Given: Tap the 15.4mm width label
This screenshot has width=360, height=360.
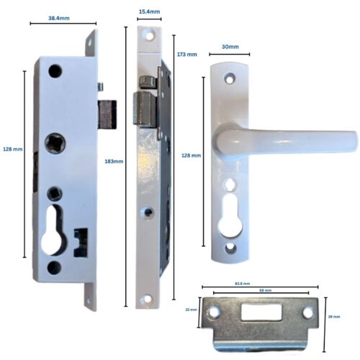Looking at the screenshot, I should [x=148, y=12].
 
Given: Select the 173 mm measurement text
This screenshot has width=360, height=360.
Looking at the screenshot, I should [x=186, y=55].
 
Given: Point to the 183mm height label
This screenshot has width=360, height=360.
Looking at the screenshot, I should [x=114, y=161].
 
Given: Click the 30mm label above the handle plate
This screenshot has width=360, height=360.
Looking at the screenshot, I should [x=230, y=46].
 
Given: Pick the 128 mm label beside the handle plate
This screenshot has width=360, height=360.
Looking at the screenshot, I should [x=192, y=156].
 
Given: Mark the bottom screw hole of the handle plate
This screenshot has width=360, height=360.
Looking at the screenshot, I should [x=230, y=248].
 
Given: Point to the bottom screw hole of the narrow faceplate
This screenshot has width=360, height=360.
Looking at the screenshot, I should [x=149, y=297].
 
